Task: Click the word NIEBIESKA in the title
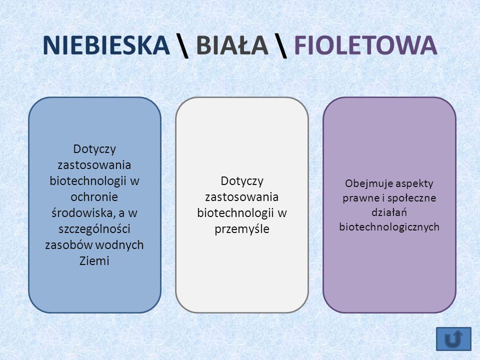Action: (x=106, y=45)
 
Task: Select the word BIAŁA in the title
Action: (x=232, y=45)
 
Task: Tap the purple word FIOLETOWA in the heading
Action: (x=365, y=45)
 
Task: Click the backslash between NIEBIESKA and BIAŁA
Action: (x=183, y=46)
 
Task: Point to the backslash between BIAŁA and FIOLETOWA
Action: (x=281, y=46)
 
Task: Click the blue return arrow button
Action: (x=453, y=339)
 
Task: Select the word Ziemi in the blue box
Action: (x=94, y=261)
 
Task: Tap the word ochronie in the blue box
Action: (x=94, y=197)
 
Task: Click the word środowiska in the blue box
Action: (x=81, y=213)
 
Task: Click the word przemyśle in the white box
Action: (x=242, y=229)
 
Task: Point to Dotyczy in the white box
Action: (x=242, y=181)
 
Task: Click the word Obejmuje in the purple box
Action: (x=363, y=183)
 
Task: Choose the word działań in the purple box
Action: (x=389, y=212)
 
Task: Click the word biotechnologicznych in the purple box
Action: (x=389, y=227)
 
